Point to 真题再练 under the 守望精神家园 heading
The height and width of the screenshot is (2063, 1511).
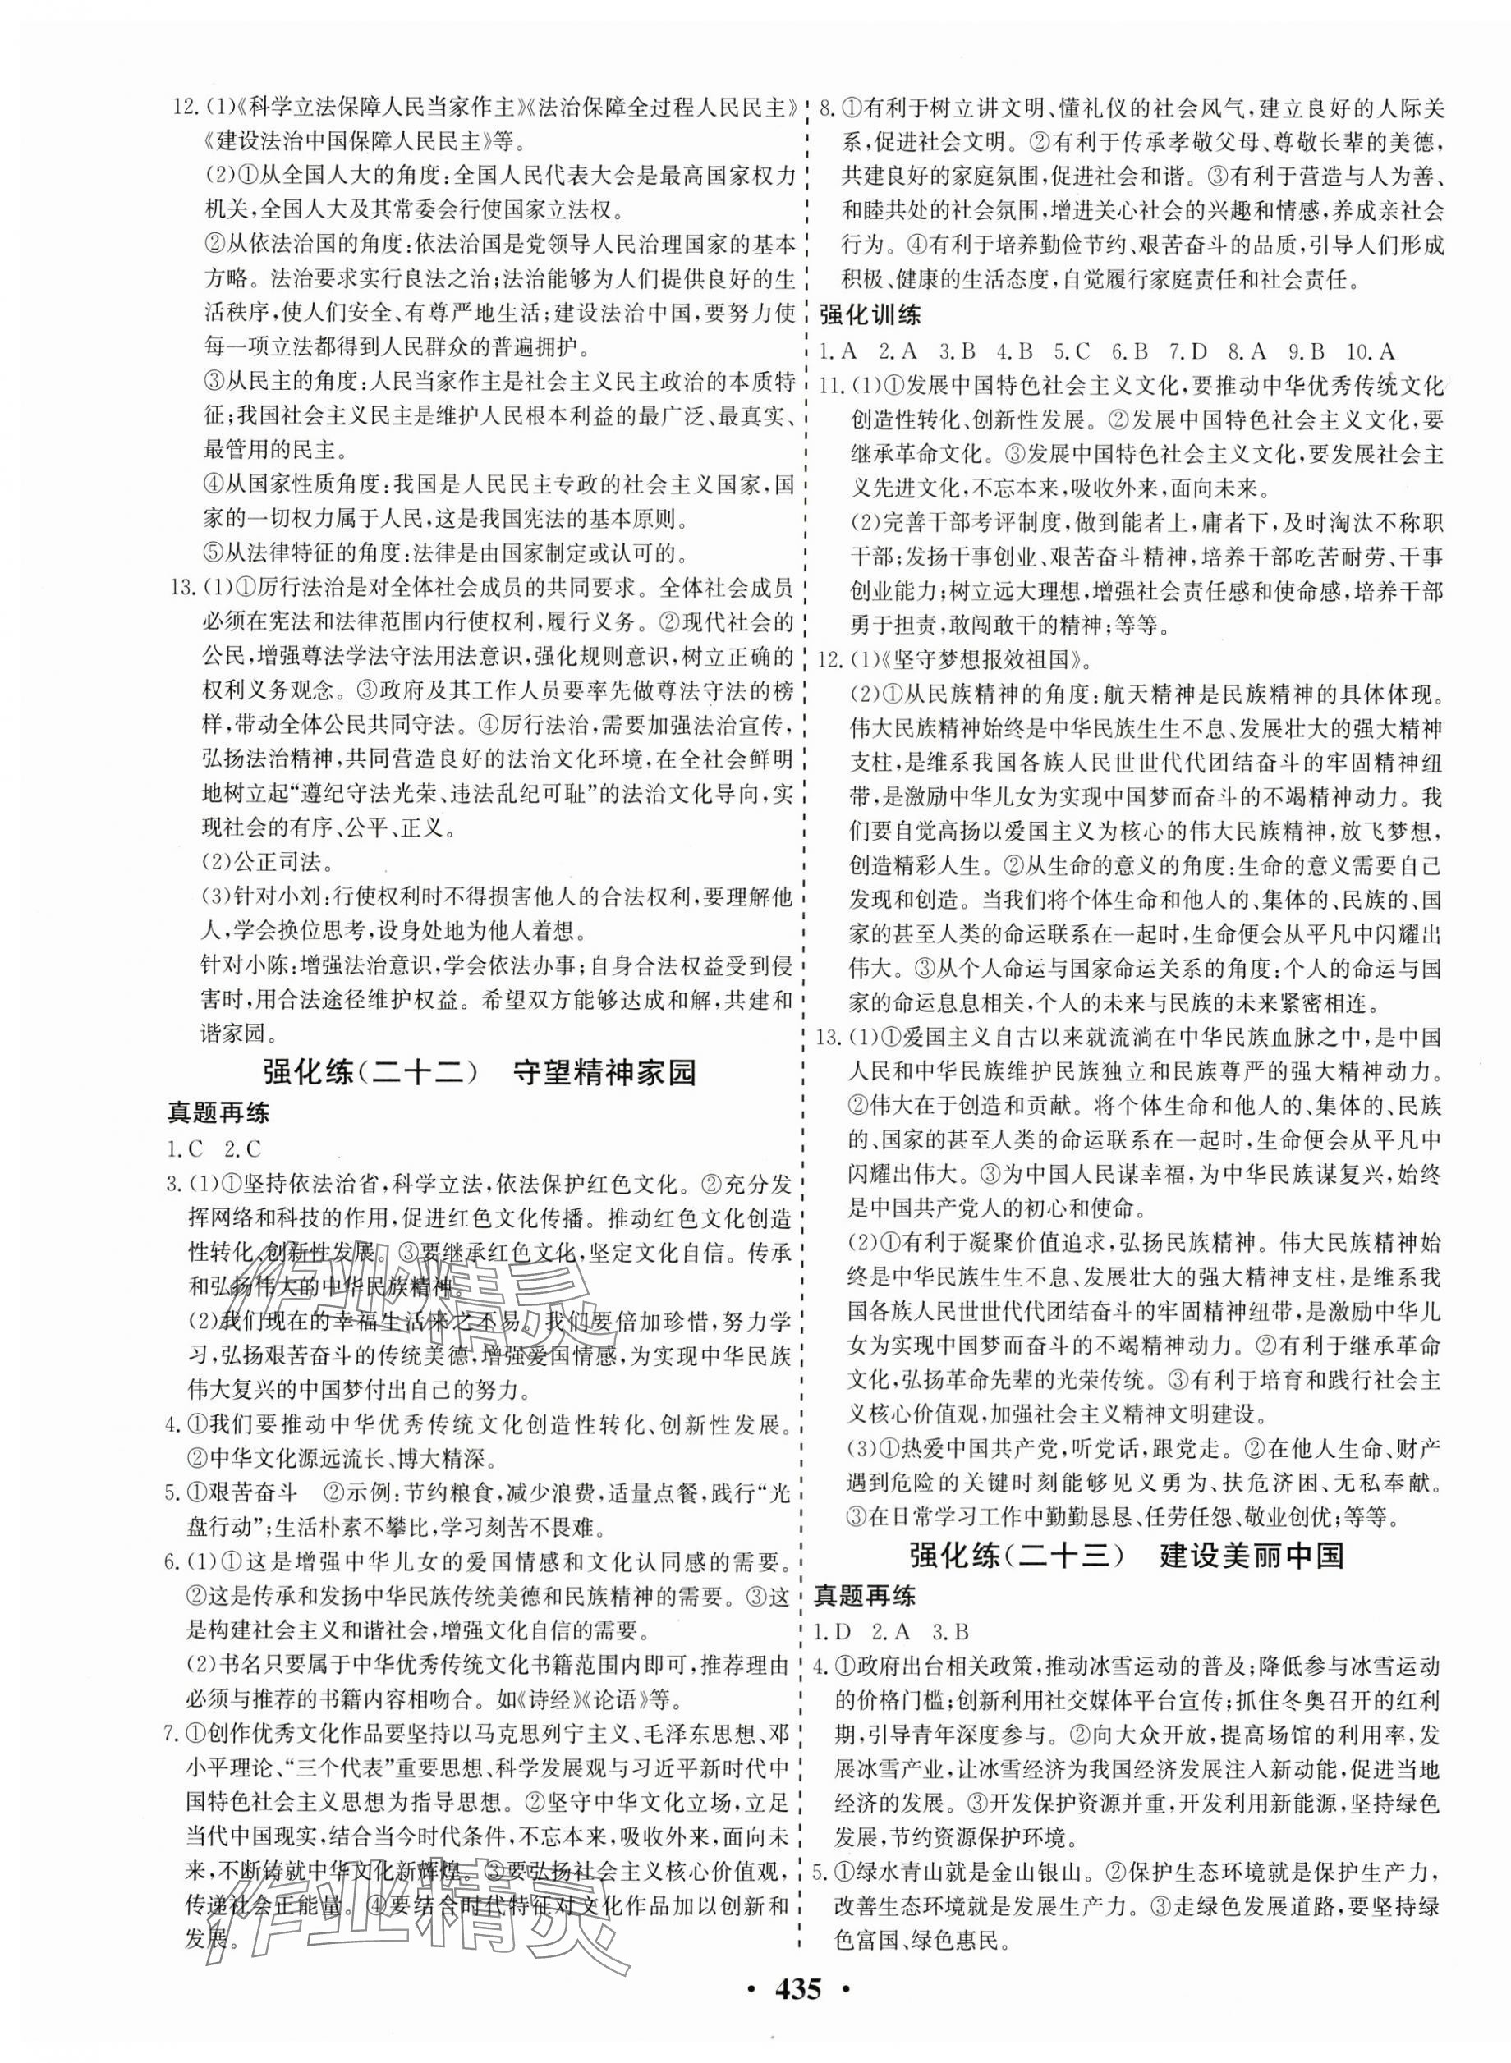pyautogui.click(x=218, y=1113)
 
